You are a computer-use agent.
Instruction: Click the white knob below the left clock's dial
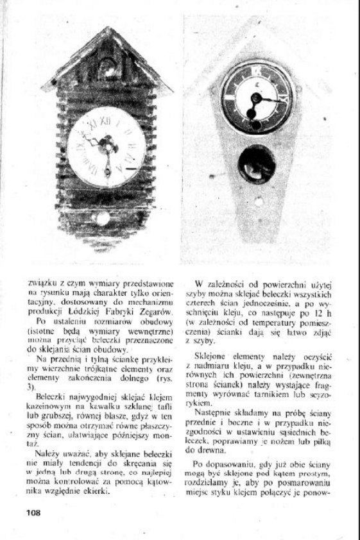(103, 219)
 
